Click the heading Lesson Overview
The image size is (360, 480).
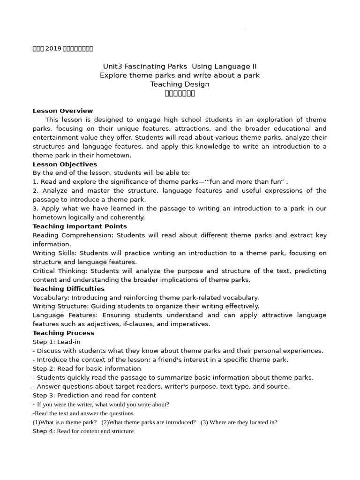[63, 111]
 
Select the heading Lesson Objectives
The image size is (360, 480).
[65, 164]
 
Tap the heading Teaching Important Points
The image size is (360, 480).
[80, 226]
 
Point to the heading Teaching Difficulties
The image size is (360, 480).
[68, 289]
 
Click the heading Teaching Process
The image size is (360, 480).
[63, 333]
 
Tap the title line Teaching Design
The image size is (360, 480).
[180, 84]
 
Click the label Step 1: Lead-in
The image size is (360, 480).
[56, 342]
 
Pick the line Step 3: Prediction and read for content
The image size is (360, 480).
[94, 395]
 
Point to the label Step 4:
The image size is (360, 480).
[44, 431]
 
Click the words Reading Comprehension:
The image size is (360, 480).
[73, 235]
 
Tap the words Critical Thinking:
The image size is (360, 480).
[60, 271]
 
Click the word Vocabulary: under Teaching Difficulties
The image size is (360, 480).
[51, 298]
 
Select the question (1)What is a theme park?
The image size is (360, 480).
[65, 422]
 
